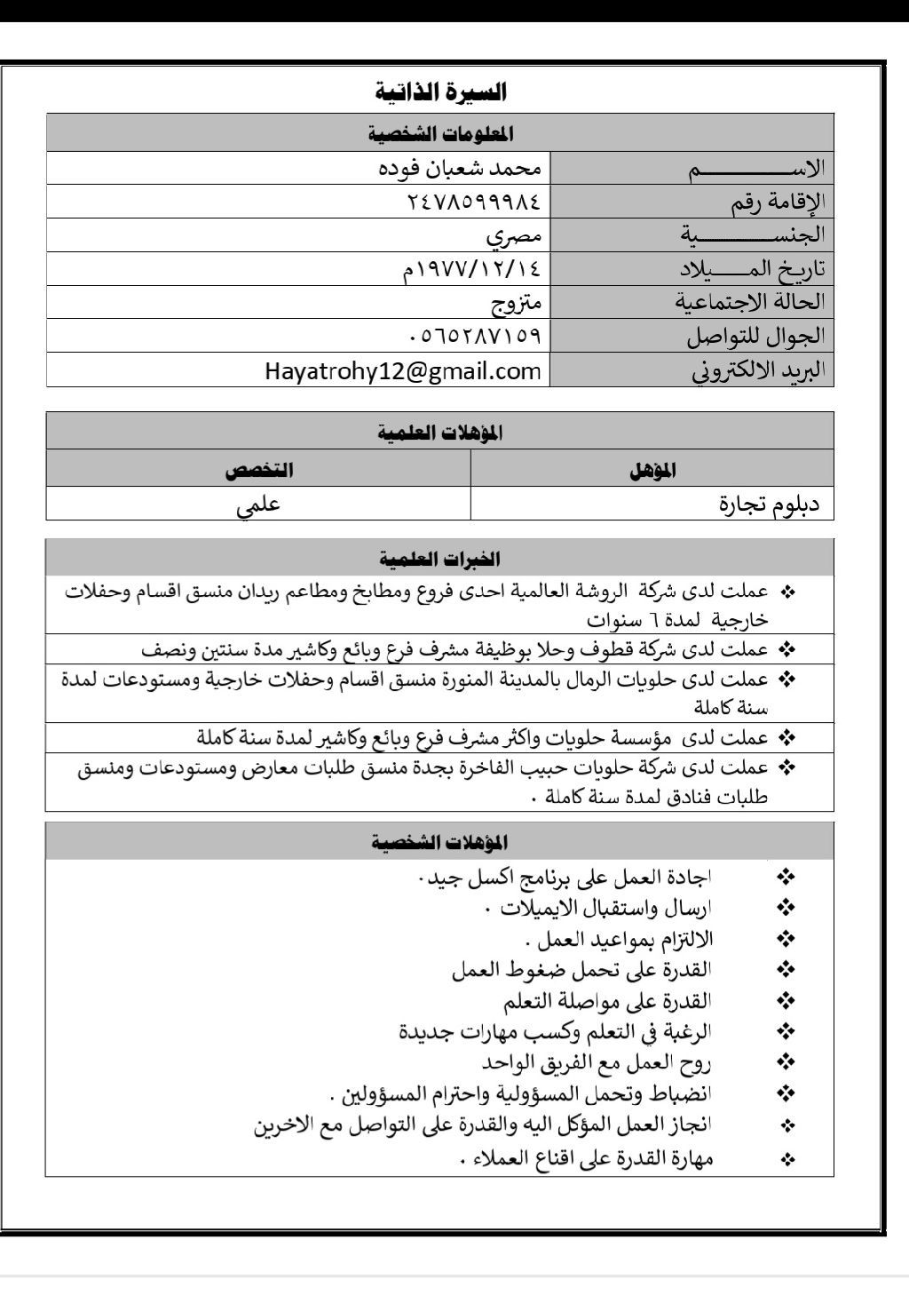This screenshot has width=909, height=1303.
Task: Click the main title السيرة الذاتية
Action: tap(440, 91)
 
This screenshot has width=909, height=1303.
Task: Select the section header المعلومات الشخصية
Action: tap(440, 134)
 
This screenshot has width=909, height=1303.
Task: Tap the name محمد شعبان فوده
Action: tap(458, 168)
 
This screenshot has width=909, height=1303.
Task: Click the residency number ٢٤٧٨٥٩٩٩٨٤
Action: tap(473, 202)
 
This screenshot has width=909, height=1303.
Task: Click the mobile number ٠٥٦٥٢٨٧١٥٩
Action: tap(474, 337)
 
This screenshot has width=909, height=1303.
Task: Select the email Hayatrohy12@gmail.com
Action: tap(403, 370)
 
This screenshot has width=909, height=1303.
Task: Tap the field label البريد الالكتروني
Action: tap(758, 370)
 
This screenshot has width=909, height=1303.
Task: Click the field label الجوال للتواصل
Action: tap(755, 337)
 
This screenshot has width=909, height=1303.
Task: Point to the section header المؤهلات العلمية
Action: tap(440, 433)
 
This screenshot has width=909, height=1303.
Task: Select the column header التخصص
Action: tap(258, 471)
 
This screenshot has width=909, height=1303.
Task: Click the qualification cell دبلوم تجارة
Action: tap(769, 505)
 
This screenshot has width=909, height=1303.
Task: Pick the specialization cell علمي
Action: tap(258, 505)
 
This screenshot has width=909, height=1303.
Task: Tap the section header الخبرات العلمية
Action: tap(440, 559)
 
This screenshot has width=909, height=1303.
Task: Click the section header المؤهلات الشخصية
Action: tap(440, 841)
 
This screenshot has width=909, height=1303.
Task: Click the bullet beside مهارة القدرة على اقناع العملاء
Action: tap(786, 1159)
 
